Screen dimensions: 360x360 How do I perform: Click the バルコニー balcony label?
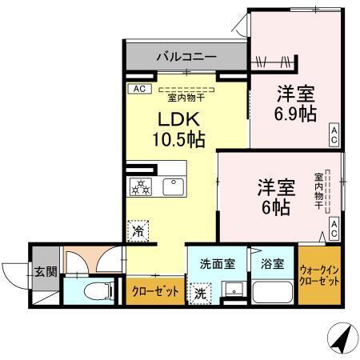coord(186,57)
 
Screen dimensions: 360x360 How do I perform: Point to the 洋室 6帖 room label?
coord(276,195)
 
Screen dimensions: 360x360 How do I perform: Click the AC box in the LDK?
coord(138,89)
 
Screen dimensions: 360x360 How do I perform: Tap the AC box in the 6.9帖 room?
coord(334,134)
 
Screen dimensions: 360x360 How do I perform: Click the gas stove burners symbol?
coord(140,186)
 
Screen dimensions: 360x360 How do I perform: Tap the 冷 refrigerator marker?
coord(138,229)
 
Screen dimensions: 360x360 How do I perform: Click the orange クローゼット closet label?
coord(155,291)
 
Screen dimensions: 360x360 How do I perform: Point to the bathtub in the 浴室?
coord(271,291)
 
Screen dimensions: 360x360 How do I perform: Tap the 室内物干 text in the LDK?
coord(185,98)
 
